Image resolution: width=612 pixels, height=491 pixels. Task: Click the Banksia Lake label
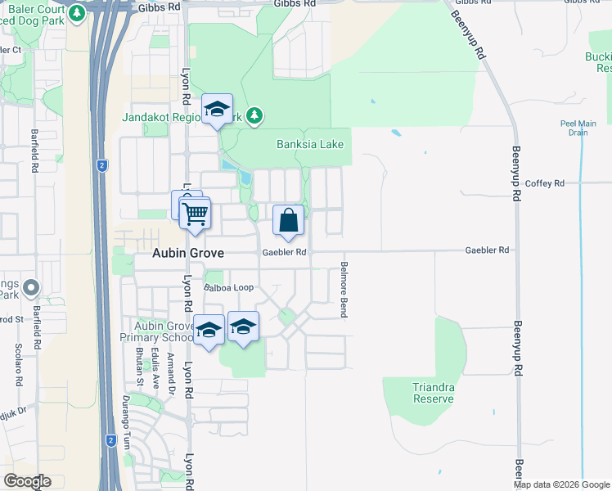[x=310, y=145]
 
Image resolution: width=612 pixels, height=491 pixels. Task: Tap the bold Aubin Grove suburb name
[x=188, y=254]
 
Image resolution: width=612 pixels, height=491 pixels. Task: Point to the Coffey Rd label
[x=546, y=183]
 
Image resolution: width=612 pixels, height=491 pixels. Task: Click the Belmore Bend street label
[x=344, y=291]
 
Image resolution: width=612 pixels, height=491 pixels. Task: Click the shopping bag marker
[x=288, y=219]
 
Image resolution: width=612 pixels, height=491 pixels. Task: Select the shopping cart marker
[x=195, y=214]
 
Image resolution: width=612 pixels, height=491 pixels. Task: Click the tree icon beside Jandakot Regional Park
[x=254, y=116]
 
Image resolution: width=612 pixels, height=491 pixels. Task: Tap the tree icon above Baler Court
[x=77, y=13]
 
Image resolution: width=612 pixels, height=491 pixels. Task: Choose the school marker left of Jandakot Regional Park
[x=218, y=109]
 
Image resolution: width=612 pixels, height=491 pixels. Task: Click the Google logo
[x=28, y=481]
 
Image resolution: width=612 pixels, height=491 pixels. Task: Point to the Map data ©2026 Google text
[x=560, y=484]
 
